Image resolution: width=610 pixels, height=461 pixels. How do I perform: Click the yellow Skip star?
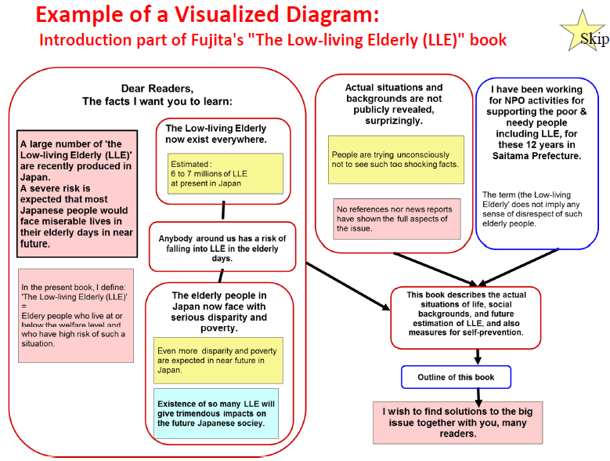pos(583,33)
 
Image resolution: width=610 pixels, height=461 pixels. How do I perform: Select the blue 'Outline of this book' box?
pos(456,377)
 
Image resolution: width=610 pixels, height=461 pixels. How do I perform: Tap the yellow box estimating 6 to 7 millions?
pos(226,173)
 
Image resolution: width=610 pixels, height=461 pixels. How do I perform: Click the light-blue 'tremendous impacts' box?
pos(216,413)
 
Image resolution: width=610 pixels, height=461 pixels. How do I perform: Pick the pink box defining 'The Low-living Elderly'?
pos(76,315)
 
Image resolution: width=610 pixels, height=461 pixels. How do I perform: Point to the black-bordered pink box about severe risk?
pos(77,194)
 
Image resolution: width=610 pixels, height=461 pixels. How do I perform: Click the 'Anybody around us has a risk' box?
pos(222,247)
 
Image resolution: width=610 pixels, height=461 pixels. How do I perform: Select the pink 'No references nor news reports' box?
pos(397,219)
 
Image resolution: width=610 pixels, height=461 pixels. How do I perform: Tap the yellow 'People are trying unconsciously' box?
pos(396,160)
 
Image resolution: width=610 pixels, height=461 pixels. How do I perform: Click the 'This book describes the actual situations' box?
pos(466,318)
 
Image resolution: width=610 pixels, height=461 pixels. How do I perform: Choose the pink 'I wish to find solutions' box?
pos(457,423)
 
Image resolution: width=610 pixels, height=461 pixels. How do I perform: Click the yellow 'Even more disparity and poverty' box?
pos(218,361)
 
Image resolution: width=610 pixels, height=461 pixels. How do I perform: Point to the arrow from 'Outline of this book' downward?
pos(478,397)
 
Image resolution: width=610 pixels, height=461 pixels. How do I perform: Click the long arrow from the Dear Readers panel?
pos(348,287)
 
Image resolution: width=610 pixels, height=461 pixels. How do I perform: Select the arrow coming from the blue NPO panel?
pos(518,267)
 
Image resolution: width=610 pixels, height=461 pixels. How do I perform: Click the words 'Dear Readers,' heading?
pos(157,89)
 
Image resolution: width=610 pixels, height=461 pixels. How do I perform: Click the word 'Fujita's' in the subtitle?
pos(217,40)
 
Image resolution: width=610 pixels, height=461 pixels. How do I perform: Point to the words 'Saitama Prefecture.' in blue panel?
pos(536,156)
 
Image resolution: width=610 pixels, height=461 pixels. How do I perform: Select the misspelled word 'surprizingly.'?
pos(394,121)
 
